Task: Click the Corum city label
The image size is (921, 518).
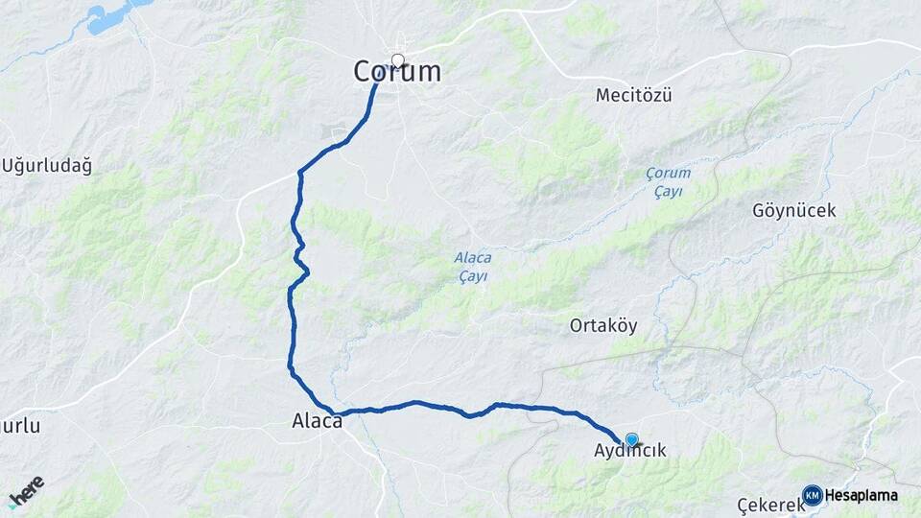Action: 397,72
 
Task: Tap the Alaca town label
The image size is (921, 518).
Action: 317,421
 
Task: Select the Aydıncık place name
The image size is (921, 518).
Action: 629,451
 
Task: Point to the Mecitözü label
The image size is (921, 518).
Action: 633,95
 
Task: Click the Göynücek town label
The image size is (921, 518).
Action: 794,210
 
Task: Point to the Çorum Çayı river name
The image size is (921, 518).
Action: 668,182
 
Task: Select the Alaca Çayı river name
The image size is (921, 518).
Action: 472,267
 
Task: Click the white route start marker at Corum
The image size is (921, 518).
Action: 398,61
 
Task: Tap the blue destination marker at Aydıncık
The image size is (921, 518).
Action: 631,440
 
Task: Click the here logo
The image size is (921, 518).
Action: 26,489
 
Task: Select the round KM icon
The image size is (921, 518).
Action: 813,495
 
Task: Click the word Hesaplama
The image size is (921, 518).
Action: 862,496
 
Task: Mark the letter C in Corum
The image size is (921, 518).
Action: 364,72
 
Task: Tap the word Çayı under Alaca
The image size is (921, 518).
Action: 472,276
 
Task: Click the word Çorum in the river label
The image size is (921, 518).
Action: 668,174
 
